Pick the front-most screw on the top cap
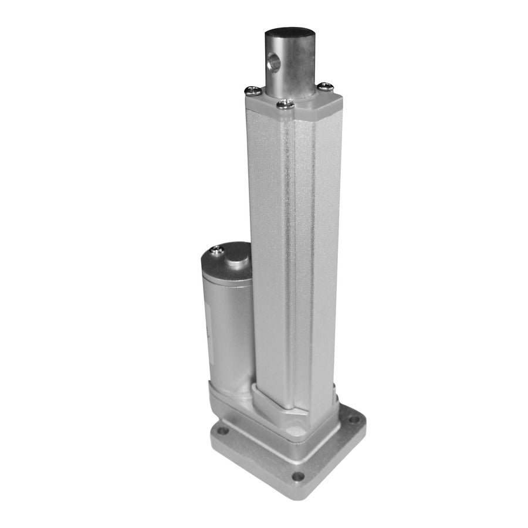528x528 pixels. pos(285,104)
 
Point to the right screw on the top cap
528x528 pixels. pos(326,87)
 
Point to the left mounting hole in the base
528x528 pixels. pos(222,431)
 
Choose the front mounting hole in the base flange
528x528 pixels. pos(298,476)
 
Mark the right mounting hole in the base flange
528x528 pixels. pos(353,420)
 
